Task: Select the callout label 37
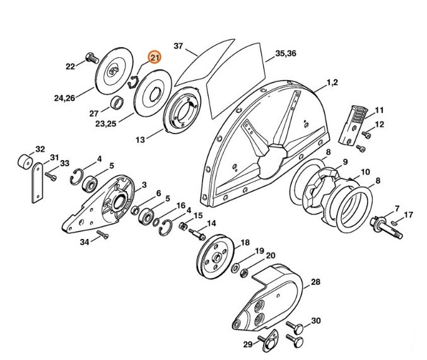click(179, 45)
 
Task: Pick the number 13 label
click(141, 137)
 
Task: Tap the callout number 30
click(316, 321)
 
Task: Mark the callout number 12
click(380, 125)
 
